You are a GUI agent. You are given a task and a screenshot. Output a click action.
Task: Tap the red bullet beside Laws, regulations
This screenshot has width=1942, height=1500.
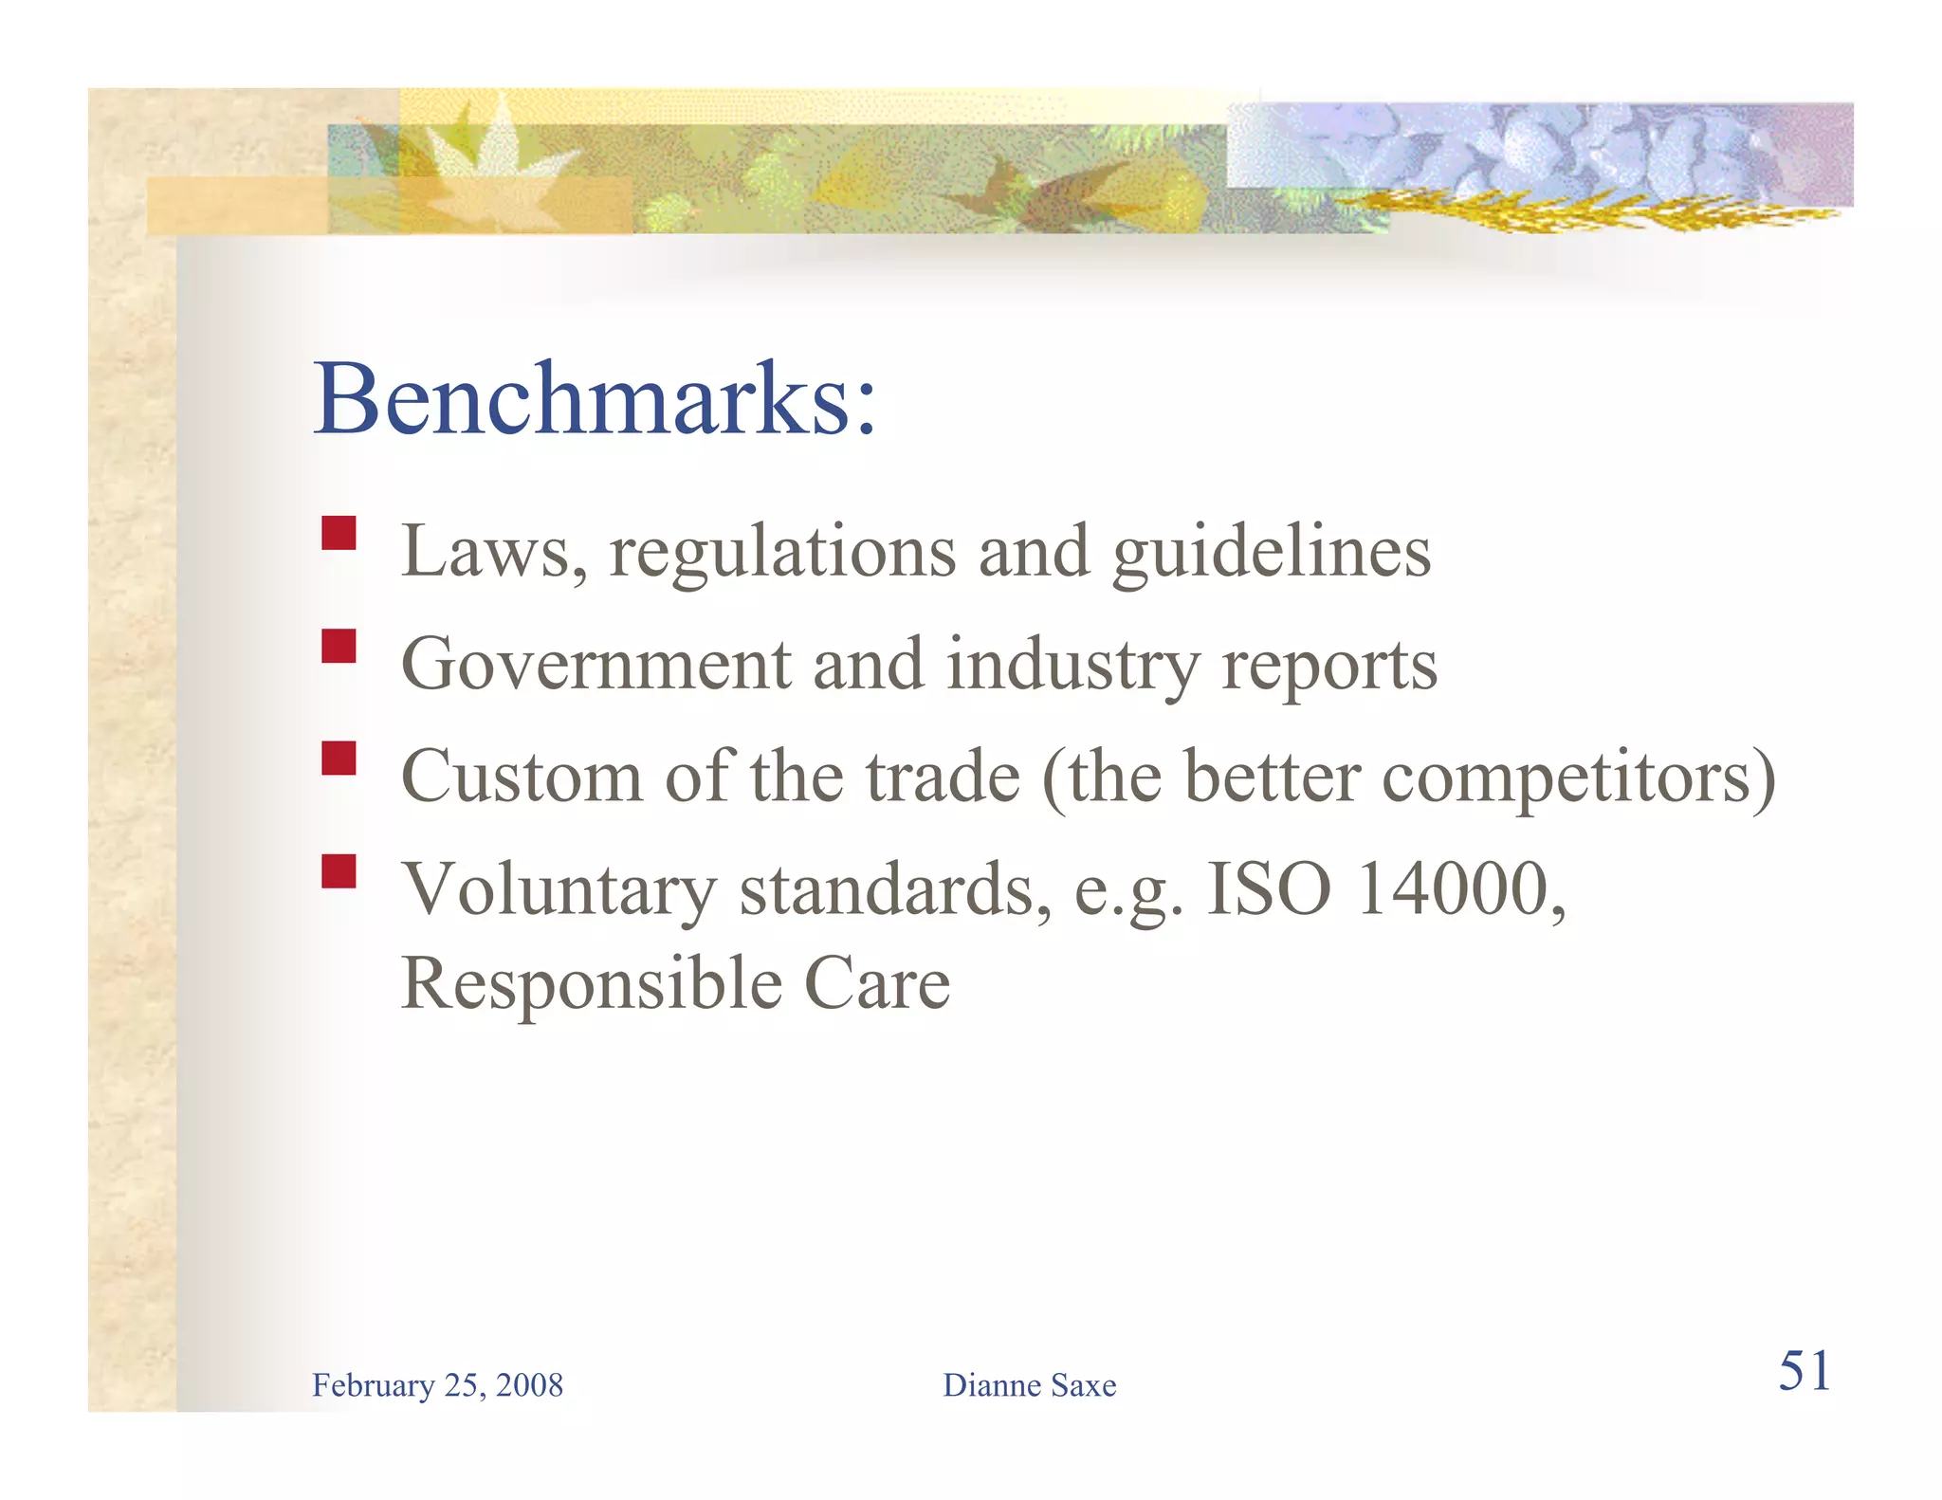[x=339, y=533]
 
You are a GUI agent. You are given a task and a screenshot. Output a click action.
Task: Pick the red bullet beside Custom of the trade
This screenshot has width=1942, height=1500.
[x=339, y=759]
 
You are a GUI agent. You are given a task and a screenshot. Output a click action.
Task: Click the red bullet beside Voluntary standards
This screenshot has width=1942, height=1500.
[x=339, y=871]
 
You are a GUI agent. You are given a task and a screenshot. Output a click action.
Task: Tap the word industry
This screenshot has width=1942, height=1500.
[x=1072, y=665]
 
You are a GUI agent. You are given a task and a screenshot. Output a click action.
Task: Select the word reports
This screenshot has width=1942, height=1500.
[x=1329, y=667]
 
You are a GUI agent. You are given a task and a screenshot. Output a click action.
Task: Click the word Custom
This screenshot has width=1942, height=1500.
[x=522, y=777]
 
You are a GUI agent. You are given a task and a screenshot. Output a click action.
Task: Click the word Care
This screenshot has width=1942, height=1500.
[x=877, y=984]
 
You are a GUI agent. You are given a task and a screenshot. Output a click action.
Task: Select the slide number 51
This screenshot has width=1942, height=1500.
[x=1804, y=1371]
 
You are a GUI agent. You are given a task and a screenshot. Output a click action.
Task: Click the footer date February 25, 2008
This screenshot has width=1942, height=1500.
[x=437, y=1385]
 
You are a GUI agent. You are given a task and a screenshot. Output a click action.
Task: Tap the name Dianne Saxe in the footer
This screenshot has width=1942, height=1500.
[x=1029, y=1385]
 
